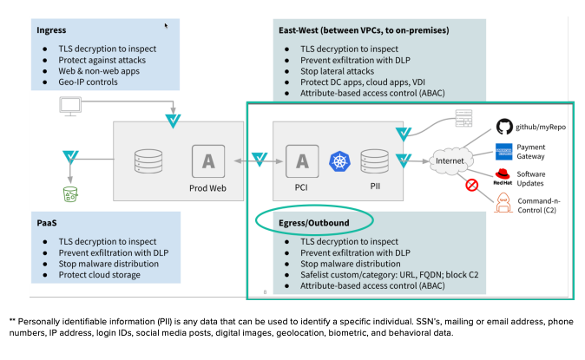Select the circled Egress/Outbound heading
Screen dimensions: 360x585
302,223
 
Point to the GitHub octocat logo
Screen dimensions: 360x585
505,127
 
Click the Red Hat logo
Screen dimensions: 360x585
504,177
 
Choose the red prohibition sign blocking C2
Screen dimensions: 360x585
473,184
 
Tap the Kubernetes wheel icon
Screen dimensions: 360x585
338,160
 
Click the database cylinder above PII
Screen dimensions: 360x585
374,160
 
